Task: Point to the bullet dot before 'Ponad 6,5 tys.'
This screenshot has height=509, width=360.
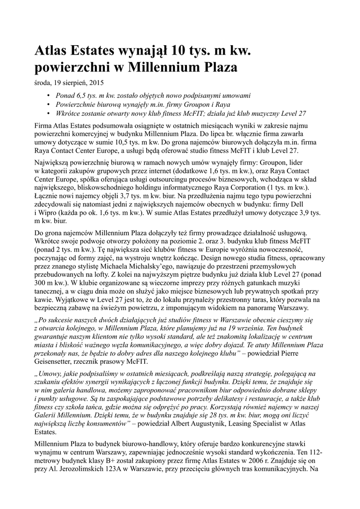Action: (48, 95)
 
